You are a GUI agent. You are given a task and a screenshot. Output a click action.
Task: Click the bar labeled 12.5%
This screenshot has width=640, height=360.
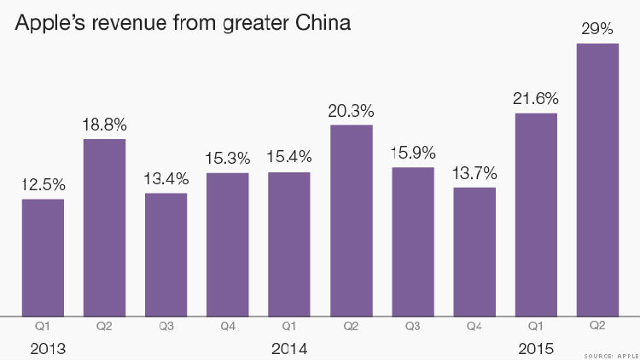click(x=43, y=257)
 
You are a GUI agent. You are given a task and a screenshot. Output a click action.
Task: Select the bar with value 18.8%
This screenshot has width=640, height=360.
click(x=104, y=227)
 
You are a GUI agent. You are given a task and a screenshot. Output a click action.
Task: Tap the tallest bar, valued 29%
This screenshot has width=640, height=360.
click(x=597, y=179)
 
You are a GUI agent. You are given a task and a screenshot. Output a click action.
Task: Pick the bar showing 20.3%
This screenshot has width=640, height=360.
click(x=352, y=220)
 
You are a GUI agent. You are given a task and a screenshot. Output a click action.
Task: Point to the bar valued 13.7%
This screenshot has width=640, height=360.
click(x=474, y=251)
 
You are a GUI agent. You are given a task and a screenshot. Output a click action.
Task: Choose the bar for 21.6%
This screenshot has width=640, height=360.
click(x=536, y=214)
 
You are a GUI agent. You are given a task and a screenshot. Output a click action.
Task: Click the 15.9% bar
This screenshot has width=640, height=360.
click(x=413, y=241)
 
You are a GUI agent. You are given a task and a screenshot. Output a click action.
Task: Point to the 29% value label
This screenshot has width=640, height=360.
click(x=597, y=28)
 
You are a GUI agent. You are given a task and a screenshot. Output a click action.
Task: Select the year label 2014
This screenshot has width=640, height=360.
click(x=288, y=348)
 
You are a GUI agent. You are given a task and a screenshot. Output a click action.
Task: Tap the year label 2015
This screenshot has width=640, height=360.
click(x=536, y=348)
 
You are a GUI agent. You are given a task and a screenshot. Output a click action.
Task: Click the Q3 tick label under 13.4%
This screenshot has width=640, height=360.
click(x=166, y=325)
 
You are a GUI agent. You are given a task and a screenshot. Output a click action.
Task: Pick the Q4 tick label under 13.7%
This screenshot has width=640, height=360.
click(x=474, y=325)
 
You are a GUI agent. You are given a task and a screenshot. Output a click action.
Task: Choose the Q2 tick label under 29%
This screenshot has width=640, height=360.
click(x=597, y=325)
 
